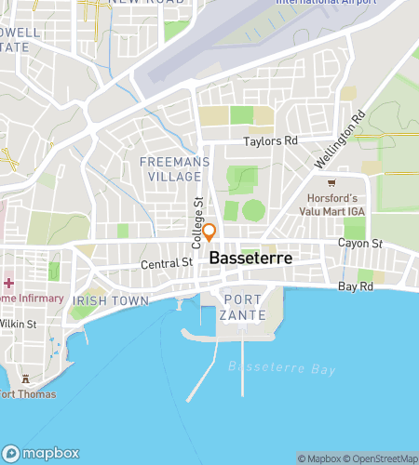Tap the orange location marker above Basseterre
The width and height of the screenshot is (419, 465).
point(210,232)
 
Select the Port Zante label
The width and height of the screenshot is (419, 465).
point(244,308)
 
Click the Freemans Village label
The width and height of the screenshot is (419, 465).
point(169,167)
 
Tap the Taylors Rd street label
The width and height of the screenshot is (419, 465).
point(270,141)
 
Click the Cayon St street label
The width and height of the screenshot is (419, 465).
point(360,244)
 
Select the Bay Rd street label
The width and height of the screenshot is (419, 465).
point(356,287)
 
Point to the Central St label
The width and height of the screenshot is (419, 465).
point(166,263)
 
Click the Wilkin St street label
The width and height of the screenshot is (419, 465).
point(19,325)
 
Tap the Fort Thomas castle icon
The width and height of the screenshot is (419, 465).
point(25,379)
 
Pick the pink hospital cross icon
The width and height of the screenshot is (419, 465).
point(8,283)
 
